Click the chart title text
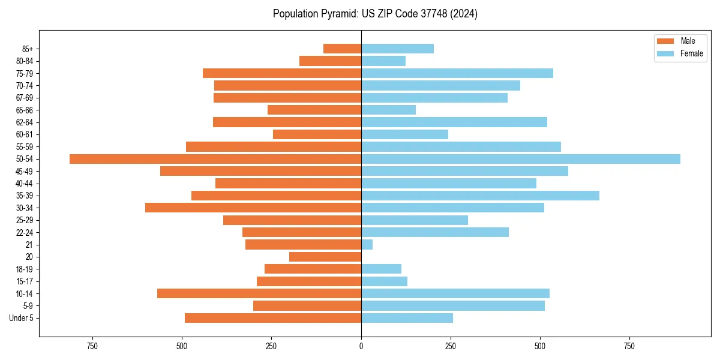[375, 14]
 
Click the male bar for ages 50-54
[215, 159]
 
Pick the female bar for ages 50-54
[521, 159]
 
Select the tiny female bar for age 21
[367, 245]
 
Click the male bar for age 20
[325, 257]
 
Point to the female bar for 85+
[397, 49]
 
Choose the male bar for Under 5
[273, 318]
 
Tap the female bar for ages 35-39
[480, 196]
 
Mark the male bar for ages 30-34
[253, 208]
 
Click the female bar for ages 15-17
[384, 281]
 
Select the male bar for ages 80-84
[330, 61]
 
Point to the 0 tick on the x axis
[361, 347]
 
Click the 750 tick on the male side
[92, 347]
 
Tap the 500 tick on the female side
[540, 347]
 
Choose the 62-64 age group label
[25, 122]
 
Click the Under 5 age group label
[22, 318]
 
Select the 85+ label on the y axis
[28, 49]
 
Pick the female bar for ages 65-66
[388, 110]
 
